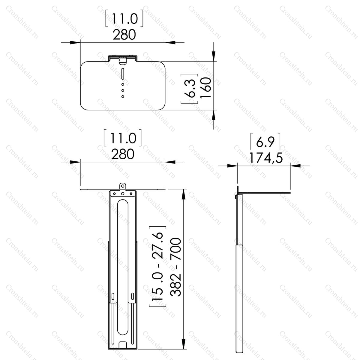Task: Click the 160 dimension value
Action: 206,88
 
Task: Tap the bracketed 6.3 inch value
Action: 189,88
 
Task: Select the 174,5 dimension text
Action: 266,158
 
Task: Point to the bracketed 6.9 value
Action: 265,142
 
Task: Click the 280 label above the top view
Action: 124,35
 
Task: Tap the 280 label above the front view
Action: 123,154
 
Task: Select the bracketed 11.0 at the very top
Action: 124,18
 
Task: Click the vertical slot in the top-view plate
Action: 123,74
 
